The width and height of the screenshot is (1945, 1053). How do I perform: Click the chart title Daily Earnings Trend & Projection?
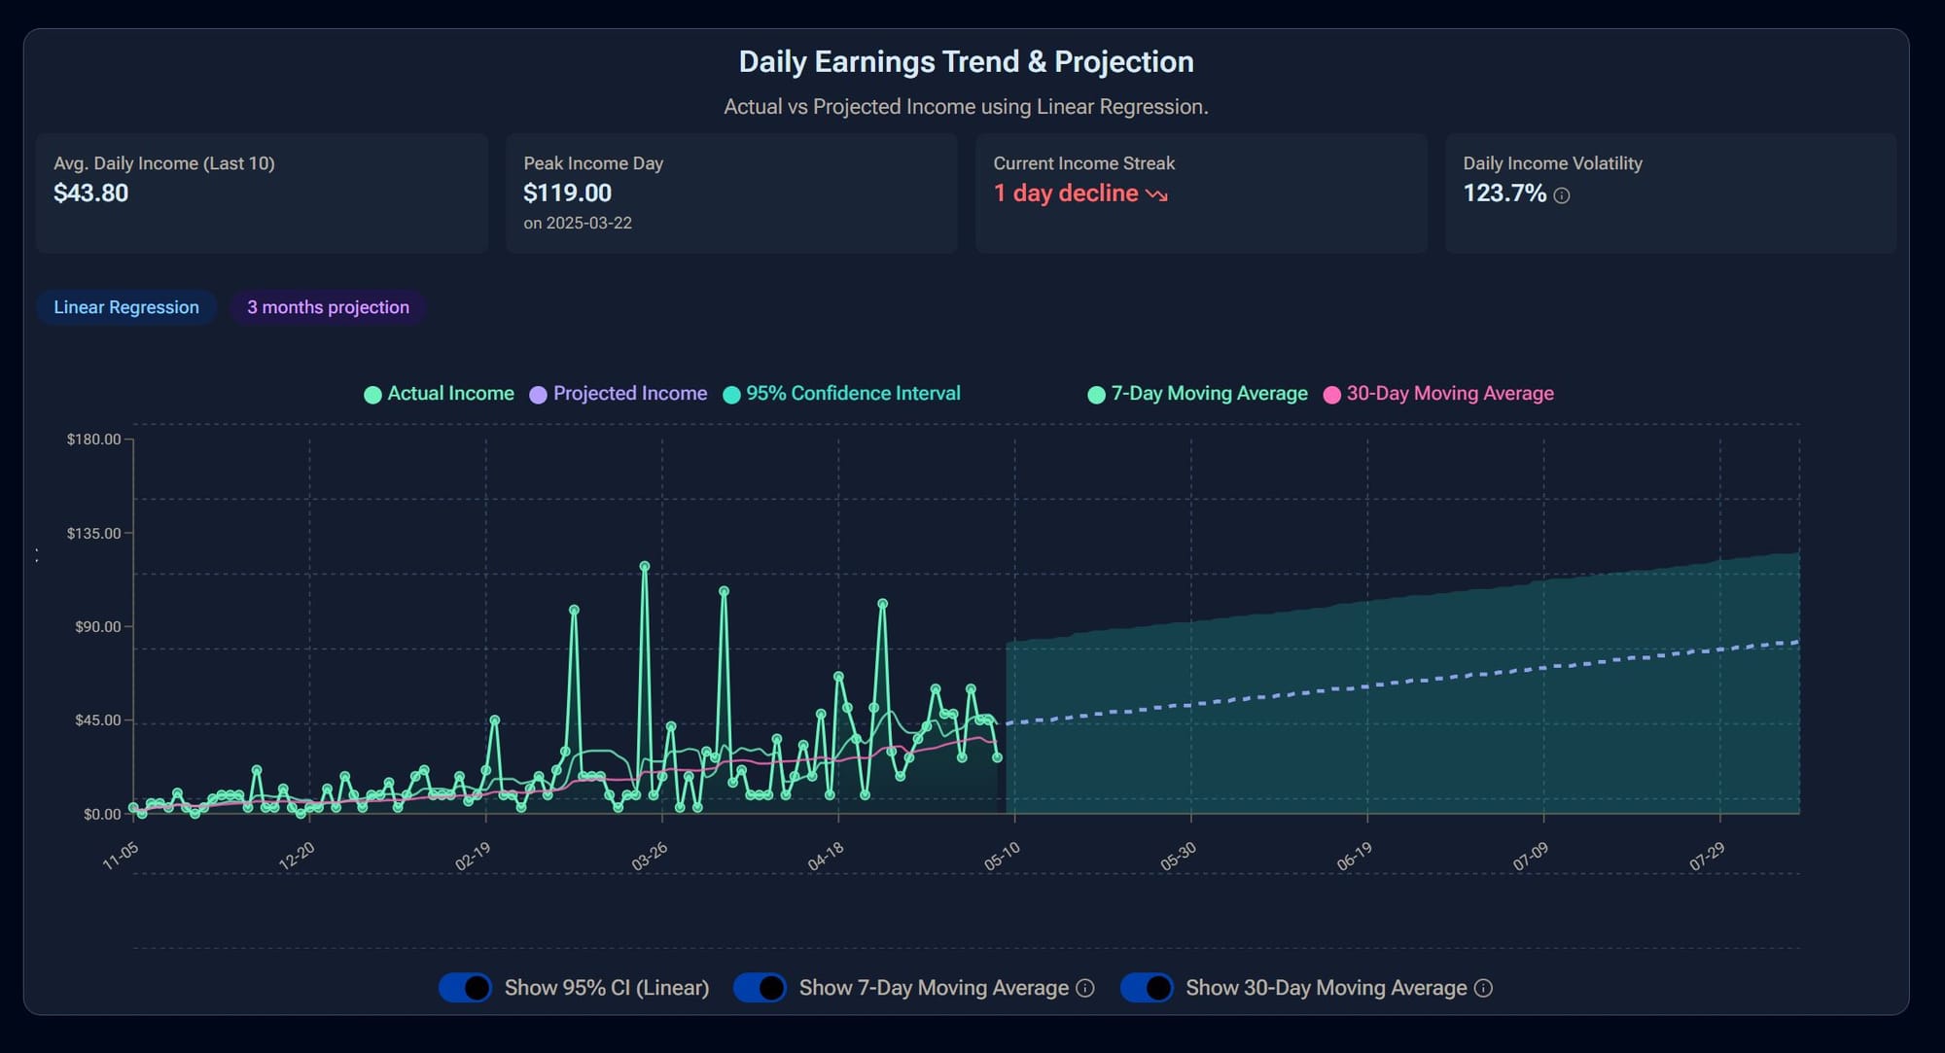tap(966, 62)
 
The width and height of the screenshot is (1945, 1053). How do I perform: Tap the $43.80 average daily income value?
tap(90, 193)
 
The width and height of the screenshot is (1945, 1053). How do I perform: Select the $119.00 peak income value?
tap(567, 193)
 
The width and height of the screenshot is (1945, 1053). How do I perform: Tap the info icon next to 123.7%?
tap(1562, 195)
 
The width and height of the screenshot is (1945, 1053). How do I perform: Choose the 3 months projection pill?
tap(328, 307)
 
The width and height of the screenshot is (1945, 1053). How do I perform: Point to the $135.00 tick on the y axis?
tap(94, 534)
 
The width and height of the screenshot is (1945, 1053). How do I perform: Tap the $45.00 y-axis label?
tap(97, 720)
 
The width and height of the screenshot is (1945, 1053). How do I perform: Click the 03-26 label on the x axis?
tap(650, 857)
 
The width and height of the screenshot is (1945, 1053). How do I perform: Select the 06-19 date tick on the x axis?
tap(1355, 857)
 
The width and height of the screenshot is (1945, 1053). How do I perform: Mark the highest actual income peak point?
tap(645, 566)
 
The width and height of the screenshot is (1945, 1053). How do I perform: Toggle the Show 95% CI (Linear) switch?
tap(466, 988)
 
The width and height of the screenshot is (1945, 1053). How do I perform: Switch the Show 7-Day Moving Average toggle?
tap(760, 988)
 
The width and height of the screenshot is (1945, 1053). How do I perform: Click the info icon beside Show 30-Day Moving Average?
tap(1483, 988)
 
